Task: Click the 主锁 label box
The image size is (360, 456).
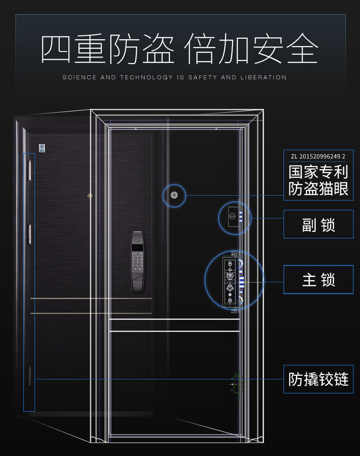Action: pyautogui.click(x=318, y=280)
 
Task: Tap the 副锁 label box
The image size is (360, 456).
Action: pyautogui.click(x=318, y=224)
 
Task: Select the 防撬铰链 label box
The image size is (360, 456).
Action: pyautogui.click(x=318, y=379)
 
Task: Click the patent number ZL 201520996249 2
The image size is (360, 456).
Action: pyautogui.click(x=318, y=156)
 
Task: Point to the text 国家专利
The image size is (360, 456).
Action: pyautogui.click(x=318, y=172)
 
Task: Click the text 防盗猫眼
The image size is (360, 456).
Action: pyautogui.click(x=318, y=188)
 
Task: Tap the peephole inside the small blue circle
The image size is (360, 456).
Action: pyautogui.click(x=174, y=195)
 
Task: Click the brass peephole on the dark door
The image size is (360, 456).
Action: pyautogui.click(x=90, y=196)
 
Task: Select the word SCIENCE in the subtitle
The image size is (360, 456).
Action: pyautogui.click(x=79, y=78)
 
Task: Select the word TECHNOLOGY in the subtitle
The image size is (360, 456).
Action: pyautogui.click(x=146, y=78)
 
